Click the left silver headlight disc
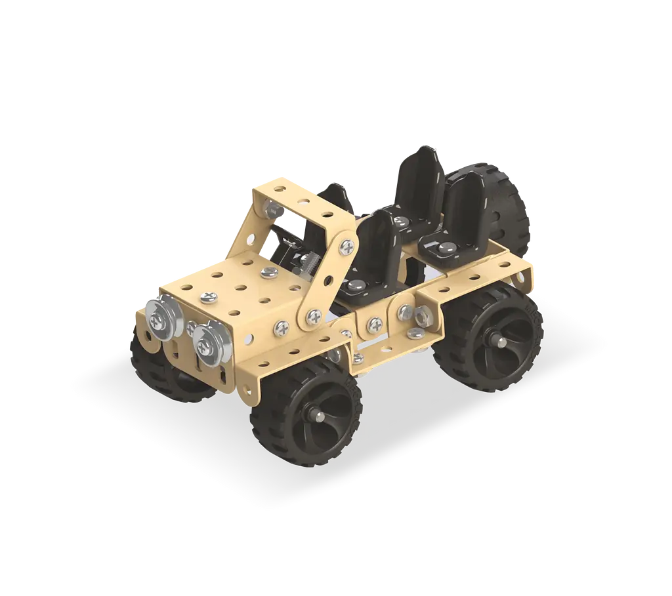159,318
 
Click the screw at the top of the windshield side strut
347,247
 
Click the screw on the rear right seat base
444,248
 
